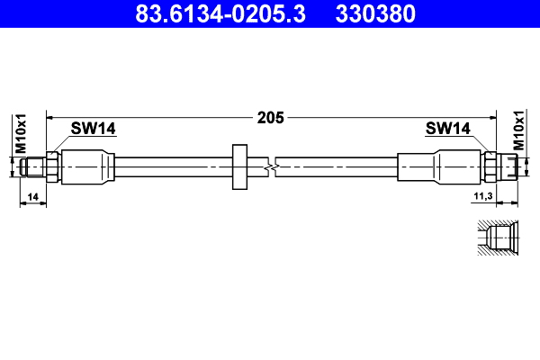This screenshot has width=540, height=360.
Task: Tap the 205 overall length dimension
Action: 270,117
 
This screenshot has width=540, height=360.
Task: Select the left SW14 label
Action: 94,130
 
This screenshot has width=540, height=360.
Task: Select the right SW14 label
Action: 447,130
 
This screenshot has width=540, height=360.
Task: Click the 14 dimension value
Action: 32,195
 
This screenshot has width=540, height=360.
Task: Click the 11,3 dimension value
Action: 482,195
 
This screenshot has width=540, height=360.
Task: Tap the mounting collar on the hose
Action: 239,166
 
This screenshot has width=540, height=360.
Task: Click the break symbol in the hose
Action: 272,166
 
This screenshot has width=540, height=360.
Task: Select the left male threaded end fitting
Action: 35,166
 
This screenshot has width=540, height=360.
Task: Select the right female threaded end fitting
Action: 509,166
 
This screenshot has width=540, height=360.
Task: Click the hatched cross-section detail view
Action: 496,239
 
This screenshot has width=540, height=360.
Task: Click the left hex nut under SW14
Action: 54,166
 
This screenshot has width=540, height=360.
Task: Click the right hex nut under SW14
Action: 490,166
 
